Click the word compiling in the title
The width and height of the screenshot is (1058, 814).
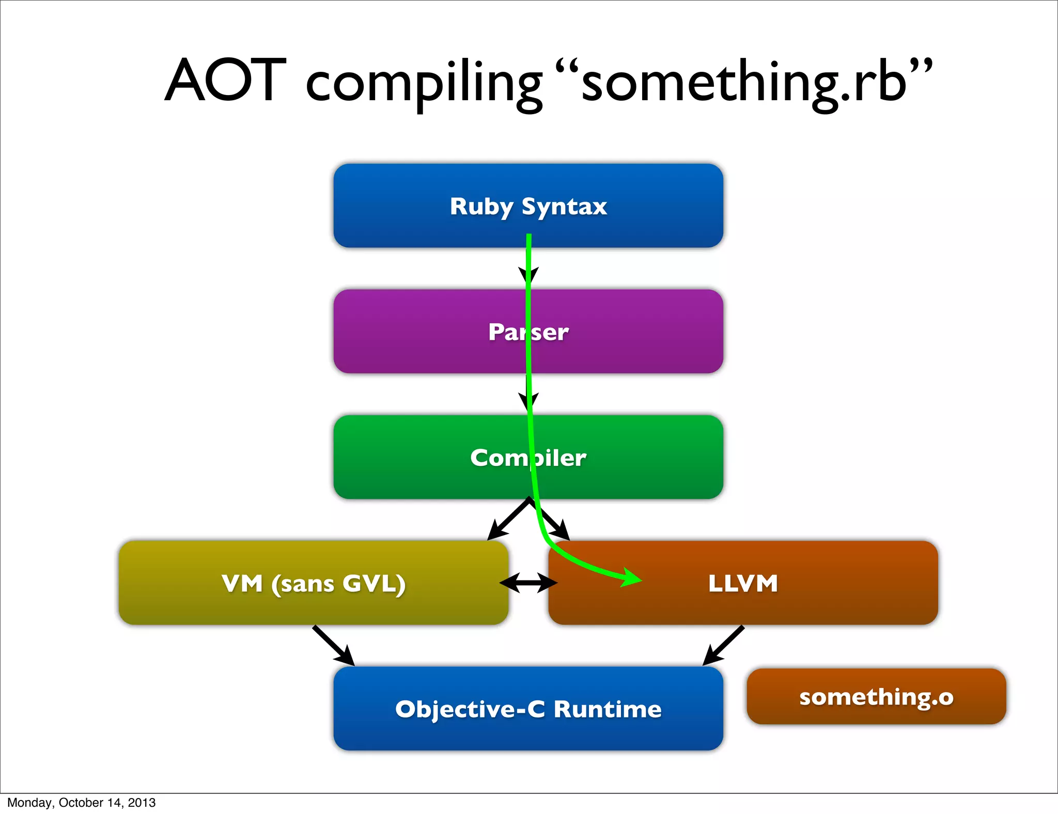[424, 83]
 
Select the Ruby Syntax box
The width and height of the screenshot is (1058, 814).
[413, 206]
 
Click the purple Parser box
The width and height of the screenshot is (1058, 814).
[413, 331]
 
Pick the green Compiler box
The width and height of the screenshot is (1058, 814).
[413, 457]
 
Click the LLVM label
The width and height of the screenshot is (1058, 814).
[743, 583]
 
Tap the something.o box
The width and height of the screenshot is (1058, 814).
[876, 696]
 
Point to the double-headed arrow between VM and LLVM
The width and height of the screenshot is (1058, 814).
[528, 583]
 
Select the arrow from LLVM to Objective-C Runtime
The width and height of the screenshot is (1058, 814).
[723, 646]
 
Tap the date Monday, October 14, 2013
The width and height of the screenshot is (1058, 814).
[81, 803]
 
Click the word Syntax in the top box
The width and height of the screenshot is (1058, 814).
[564, 207]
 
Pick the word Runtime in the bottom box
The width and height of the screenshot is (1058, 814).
[608, 709]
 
